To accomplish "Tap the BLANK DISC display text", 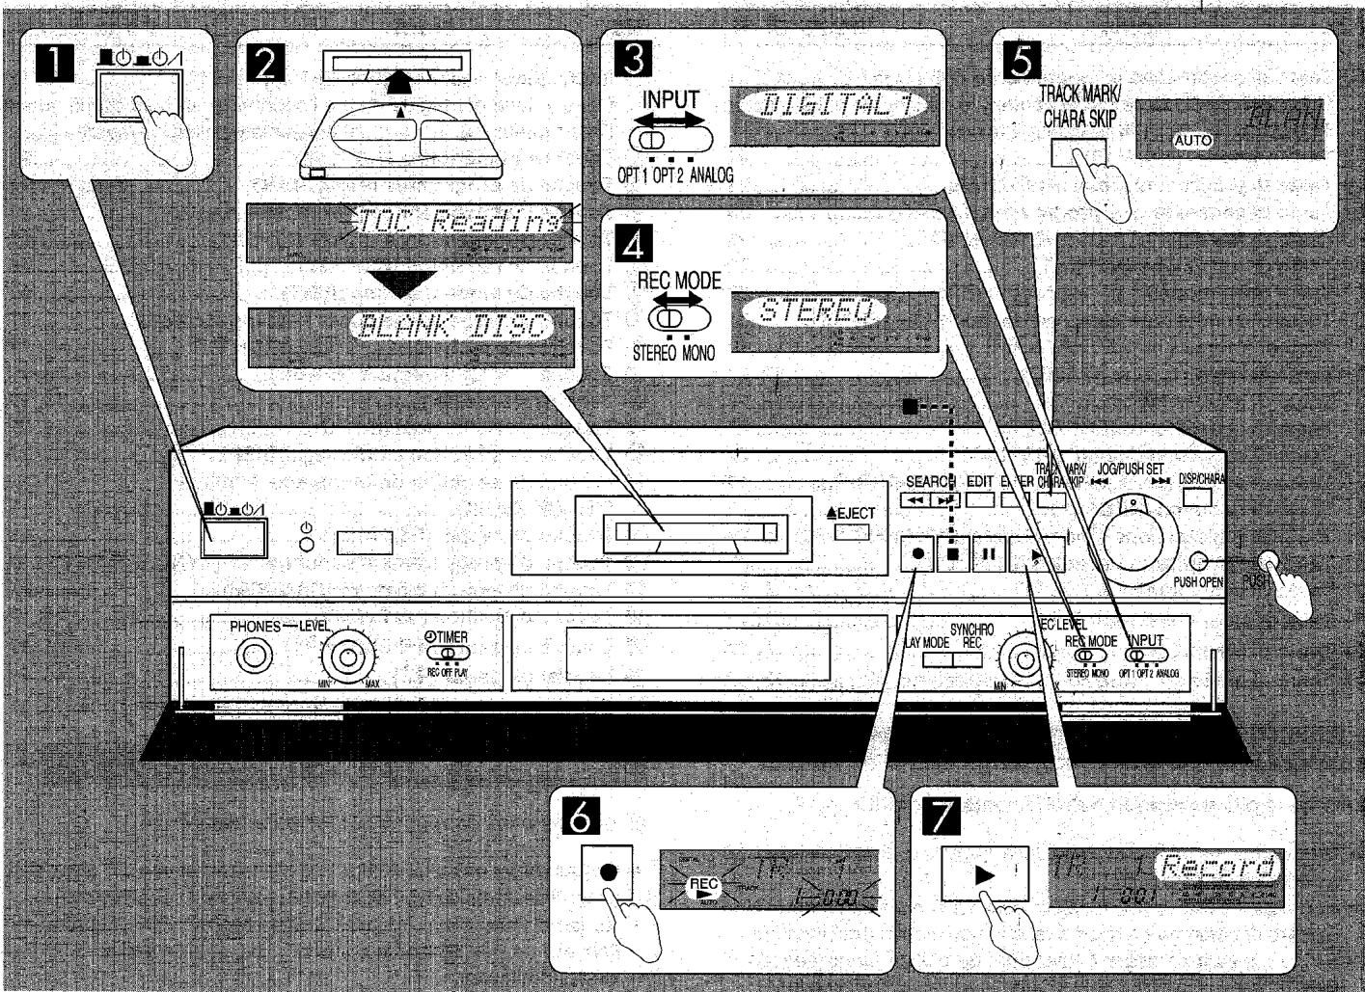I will [450, 328].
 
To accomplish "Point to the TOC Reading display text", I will [458, 224].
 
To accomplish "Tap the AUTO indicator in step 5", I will [1193, 141].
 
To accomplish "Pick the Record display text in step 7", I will [1221, 866].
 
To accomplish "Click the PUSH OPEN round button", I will [1199, 561].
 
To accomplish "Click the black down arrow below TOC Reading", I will [404, 284].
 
